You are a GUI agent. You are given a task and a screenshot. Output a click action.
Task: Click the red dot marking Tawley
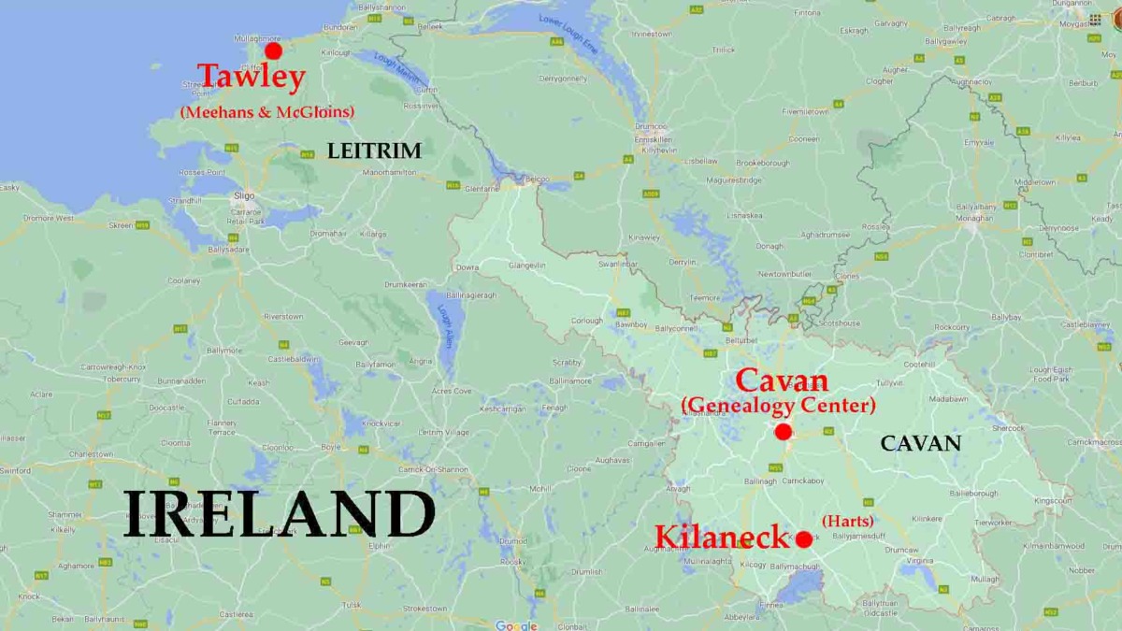(x=273, y=50)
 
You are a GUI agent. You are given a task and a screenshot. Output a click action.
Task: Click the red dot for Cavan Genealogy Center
(x=784, y=431)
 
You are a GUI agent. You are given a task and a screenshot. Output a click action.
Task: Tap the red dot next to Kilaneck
(x=803, y=539)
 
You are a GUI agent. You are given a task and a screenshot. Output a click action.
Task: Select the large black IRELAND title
(x=280, y=514)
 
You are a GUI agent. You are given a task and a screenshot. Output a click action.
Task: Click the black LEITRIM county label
(x=374, y=151)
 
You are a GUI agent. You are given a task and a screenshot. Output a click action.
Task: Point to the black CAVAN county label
(x=920, y=444)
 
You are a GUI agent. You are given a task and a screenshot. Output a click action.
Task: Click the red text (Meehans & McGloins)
(x=266, y=112)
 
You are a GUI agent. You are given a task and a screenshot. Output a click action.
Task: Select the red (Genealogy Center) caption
(x=778, y=406)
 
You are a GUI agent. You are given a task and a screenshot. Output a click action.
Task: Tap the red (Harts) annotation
(x=847, y=521)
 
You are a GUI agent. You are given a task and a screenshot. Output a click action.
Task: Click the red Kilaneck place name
(x=722, y=538)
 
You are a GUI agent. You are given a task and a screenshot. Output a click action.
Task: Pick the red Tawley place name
(x=251, y=78)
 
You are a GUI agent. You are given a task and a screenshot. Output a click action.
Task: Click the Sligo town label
(x=244, y=196)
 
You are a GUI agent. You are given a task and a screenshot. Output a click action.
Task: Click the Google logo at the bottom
(x=516, y=625)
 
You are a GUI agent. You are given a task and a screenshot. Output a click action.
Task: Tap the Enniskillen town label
(x=654, y=138)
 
